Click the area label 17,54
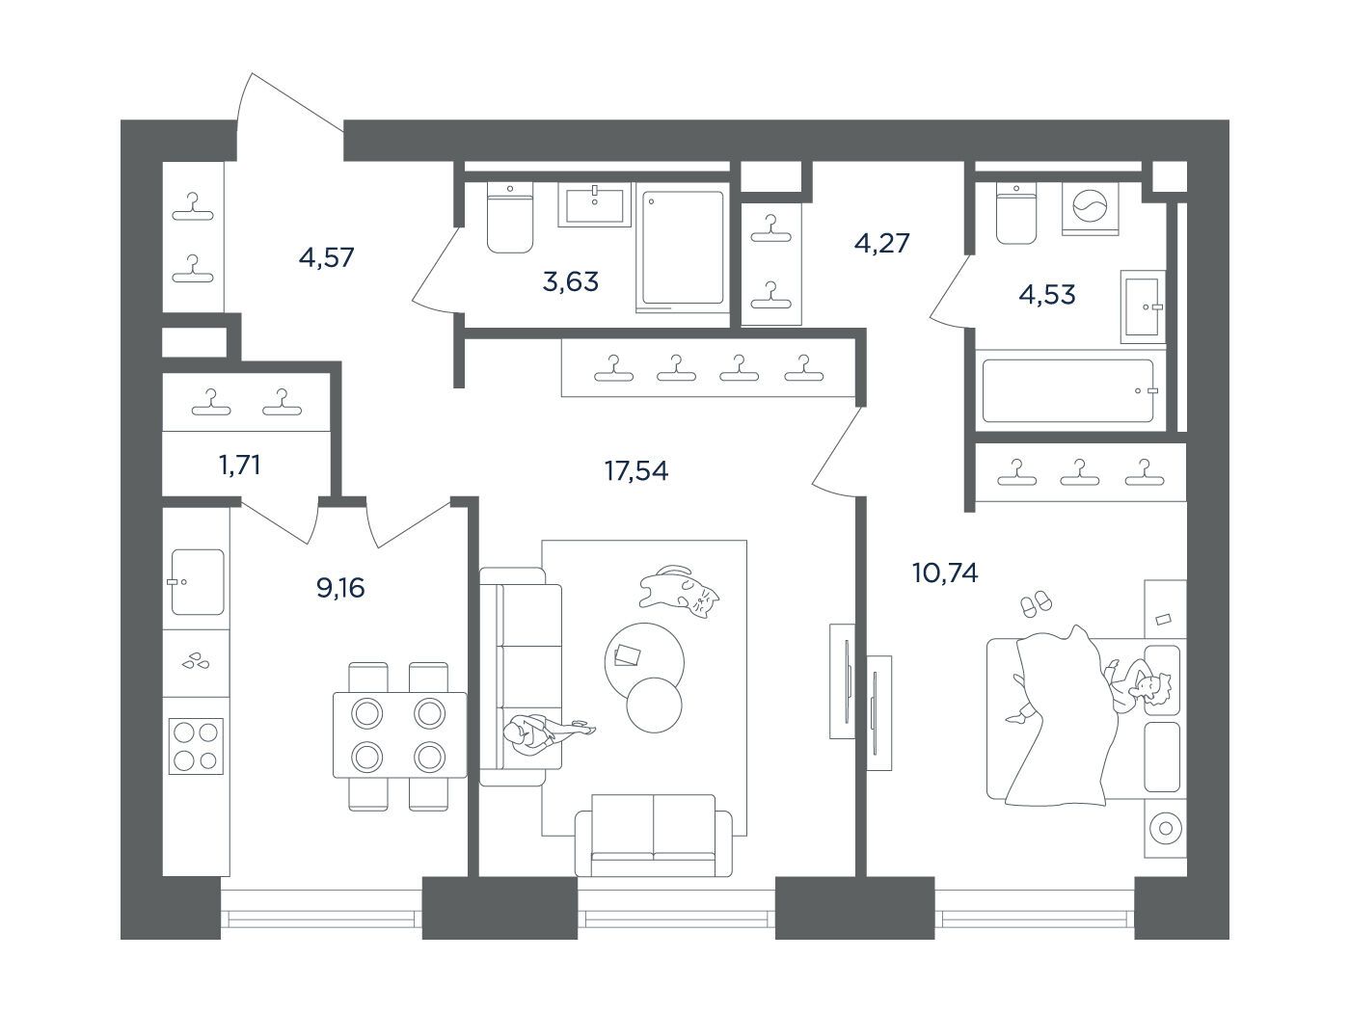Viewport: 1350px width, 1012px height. click(x=635, y=471)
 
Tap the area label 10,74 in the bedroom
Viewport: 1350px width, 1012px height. click(x=945, y=573)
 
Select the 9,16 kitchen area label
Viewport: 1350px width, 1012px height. click(x=340, y=588)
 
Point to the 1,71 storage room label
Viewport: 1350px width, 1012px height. click(x=239, y=466)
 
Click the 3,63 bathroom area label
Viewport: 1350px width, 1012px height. click(x=570, y=282)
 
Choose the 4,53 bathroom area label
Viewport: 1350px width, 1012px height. click(x=1047, y=295)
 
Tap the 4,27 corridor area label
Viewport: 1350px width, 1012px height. click(x=881, y=243)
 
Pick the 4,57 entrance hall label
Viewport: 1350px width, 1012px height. click(x=326, y=257)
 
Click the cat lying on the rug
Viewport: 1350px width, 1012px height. click(x=680, y=591)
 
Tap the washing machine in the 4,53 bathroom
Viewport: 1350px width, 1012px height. click(x=1090, y=209)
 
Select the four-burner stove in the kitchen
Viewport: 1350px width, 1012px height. click(x=196, y=746)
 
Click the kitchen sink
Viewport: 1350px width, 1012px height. click(x=197, y=582)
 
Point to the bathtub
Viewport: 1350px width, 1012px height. click(x=1068, y=390)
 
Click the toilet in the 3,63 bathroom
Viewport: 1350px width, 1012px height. click(x=510, y=217)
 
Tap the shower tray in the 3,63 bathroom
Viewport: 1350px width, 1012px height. click(x=683, y=248)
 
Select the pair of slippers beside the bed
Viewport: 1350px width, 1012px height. click(x=1037, y=603)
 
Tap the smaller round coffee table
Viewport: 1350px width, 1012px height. click(x=654, y=705)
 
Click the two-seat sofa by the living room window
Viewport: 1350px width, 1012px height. click(x=653, y=835)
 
